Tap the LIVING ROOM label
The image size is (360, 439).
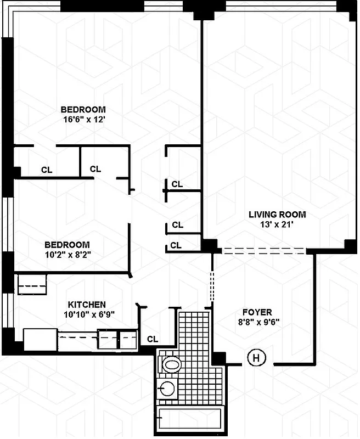277,215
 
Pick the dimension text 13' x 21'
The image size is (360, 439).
277,224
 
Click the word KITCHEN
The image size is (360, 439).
87,305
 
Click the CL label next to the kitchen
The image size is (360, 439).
153,339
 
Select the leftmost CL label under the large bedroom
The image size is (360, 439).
47,170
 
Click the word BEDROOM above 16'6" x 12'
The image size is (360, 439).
83,109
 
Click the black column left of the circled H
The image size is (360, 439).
219,358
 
